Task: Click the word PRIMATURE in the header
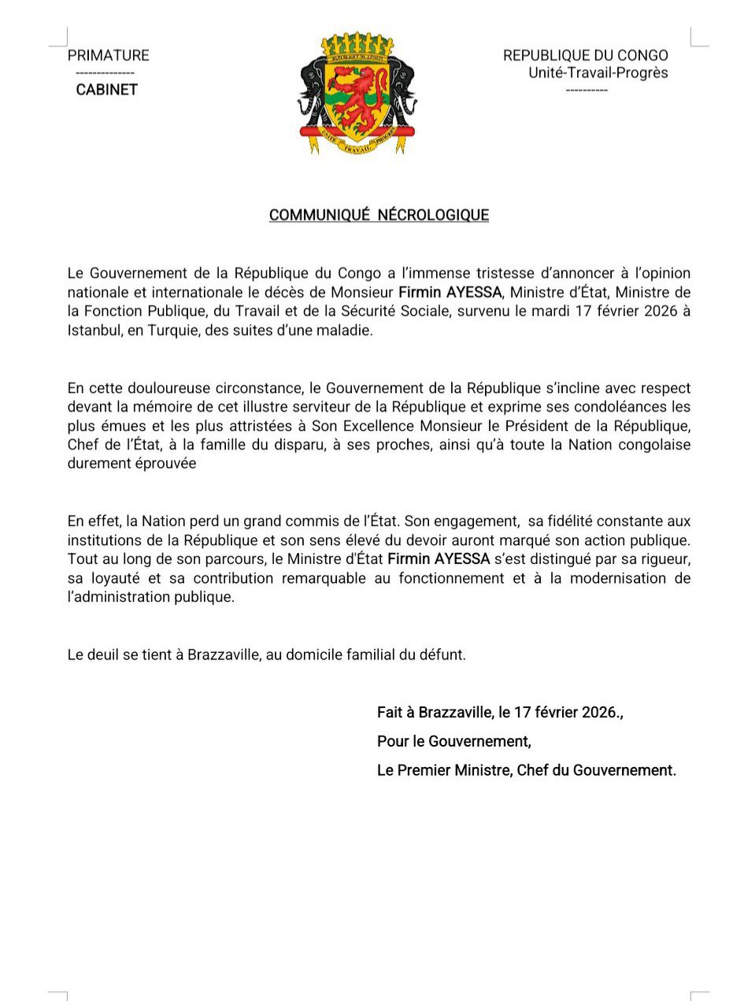point(108,55)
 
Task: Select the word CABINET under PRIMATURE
point(106,90)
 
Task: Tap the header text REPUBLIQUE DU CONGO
point(585,55)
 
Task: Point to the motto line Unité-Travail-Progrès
point(598,72)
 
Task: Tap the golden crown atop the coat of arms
point(358,44)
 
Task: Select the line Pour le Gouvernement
point(453,741)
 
